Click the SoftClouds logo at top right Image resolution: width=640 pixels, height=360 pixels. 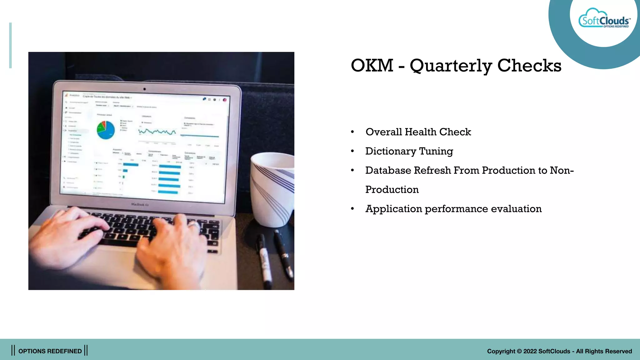[x=604, y=20]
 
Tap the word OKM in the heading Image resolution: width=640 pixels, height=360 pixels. [x=372, y=66]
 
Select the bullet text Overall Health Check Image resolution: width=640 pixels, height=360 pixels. [x=418, y=132]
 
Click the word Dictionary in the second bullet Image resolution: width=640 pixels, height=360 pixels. [x=391, y=151]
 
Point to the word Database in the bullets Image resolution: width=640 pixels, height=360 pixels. [x=388, y=170]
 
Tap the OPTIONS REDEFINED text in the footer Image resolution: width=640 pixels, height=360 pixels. [x=50, y=351]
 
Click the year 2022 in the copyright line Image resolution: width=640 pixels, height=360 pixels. [x=530, y=351]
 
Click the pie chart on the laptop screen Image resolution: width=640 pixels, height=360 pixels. [x=105, y=130]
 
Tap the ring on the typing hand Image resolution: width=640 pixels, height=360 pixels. [x=194, y=225]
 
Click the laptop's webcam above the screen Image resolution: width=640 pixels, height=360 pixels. [x=144, y=89]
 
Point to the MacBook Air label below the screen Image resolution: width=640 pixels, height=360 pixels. [x=140, y=204]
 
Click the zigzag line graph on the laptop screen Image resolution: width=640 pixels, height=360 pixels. [x=157, y=132]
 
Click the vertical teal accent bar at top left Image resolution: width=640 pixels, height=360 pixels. [x=10, y=45]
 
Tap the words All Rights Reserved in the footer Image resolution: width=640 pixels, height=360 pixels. [x=604, y=351]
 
